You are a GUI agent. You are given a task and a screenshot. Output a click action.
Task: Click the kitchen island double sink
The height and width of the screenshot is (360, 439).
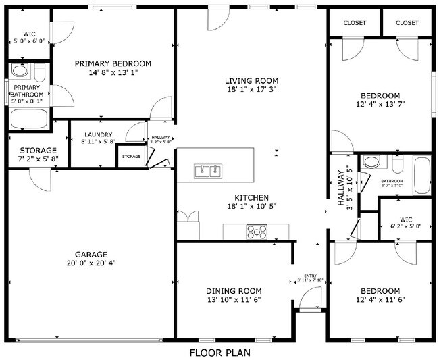coord(208,171)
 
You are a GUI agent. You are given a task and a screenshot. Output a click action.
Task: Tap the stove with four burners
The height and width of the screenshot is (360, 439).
coord(257,232)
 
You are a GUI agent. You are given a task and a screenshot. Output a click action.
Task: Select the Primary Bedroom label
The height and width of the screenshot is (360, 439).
coord(113,63)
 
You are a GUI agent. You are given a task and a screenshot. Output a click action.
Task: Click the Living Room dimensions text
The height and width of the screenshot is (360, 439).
coord(252,89)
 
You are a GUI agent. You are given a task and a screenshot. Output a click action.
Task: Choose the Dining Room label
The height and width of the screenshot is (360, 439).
coord(233,291)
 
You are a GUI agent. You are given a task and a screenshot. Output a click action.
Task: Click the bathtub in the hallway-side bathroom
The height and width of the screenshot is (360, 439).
coord(421,174)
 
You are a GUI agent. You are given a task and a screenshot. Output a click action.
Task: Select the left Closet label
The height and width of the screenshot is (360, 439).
coord(355,23)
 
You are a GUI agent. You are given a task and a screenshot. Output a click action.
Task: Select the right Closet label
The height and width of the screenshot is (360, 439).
coord(407,23)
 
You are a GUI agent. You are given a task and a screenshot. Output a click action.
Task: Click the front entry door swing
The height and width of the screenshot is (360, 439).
coord(310,298)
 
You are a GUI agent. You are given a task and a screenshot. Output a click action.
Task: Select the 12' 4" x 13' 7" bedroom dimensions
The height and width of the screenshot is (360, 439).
coord(380,105)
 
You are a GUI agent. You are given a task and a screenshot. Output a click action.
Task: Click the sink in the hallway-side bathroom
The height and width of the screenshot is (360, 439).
coord(370,162)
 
